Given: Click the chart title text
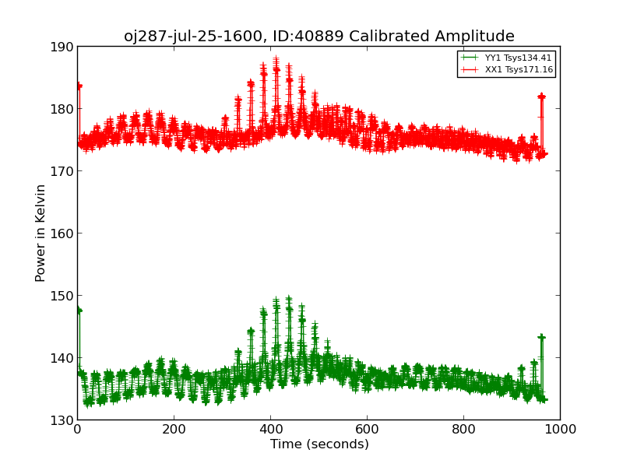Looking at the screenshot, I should [x=319, y=37].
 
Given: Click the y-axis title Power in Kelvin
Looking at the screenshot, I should [x=41, y=233].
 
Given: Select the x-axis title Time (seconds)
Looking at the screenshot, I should [x=319, y=444].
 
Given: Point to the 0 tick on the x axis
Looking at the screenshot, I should [x=77, y=429].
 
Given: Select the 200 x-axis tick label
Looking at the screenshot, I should [x=174, y=429].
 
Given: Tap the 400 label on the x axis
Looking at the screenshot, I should [x=270, y=429].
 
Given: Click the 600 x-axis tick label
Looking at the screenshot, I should [x=367, y=429].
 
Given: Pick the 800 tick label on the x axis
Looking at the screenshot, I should [x=463, y=429].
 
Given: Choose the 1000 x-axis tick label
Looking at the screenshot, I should [x=560, y=429].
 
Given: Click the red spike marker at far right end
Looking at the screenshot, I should [x=541, y=97].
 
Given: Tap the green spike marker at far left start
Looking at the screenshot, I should [x=79, y=311].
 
